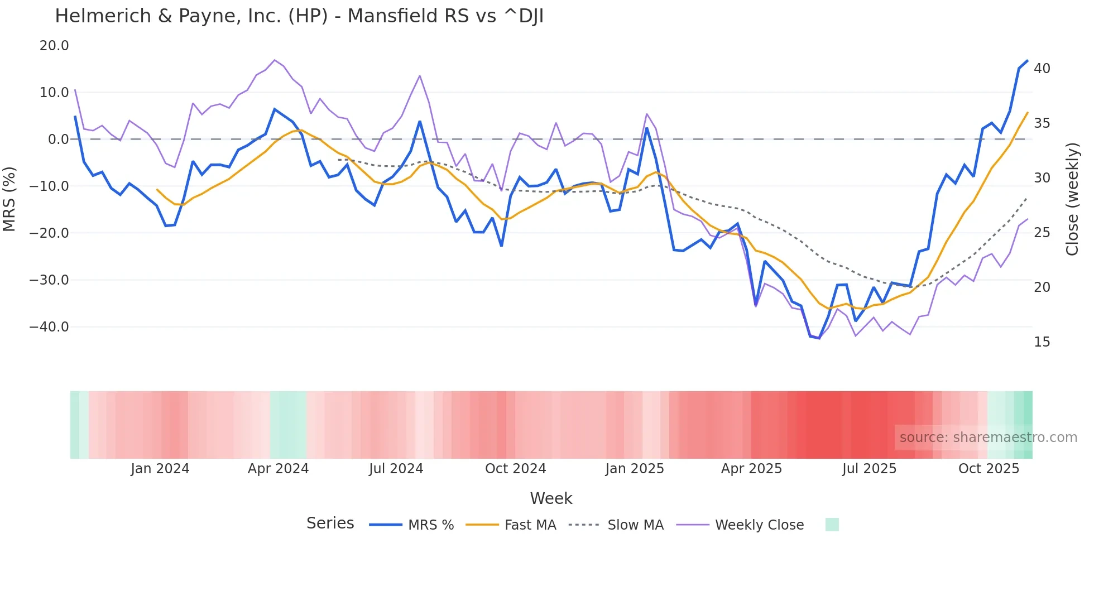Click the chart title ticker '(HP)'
pyautogui.click(x=308, y=16)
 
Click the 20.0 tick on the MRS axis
pyautogui.click(x=54, y=46)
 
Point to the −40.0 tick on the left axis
pyautogui.click(x=49, y=327)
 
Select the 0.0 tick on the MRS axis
pyautogui.click(x=59, y=140)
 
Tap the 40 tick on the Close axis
pyautogui.click(x=1042, y=69)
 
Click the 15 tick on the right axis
pyautogui.click(x=1042, y=342)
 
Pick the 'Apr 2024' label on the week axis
pyautogui.click(x=278, y=469)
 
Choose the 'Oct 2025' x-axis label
pyautogui.click(x=989, y=469)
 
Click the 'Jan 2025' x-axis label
pyautogui.click(x=635, y=469)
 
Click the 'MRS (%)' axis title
pyautogui.click(x=9, y=199)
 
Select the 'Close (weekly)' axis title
pyautogui.click(x=1072, y=199)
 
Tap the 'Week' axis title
pyautogui.click(x=551, y=498)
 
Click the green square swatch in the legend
pyautogui.click(x=832, y=525)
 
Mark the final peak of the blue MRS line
pyautogui.click(x=1027, y=61)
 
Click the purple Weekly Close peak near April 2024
pyautogui.click(x=274, y=60)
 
